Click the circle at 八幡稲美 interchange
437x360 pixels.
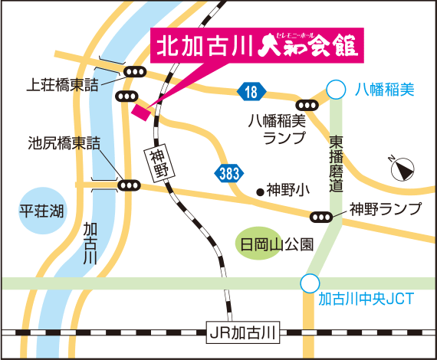(334, 90)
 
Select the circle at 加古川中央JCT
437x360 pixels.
(309, 283)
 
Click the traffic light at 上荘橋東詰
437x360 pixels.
(135, 73)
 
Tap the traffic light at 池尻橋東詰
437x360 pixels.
(128, 185)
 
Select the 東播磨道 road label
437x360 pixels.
(336, 164)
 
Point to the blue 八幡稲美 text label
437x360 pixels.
(384, 90)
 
